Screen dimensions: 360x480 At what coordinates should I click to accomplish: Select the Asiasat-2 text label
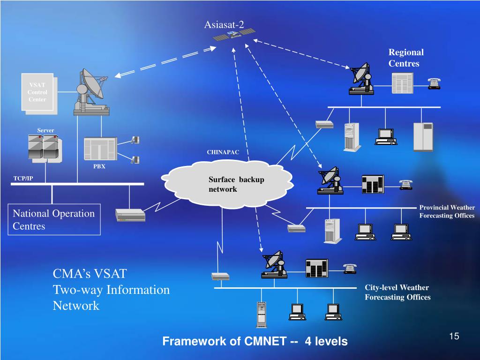tap(224, 24)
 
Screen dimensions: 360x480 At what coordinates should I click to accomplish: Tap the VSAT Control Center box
tap(37, 92)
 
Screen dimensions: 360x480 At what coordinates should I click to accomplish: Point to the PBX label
tap(99, 166)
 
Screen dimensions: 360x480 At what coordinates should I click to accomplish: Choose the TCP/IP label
tap(23, 179)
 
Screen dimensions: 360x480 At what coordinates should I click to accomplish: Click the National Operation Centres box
tap(54, 219)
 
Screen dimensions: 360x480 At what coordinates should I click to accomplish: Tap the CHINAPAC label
tap(223, 152)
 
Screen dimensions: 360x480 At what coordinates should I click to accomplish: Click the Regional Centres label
tap(406, 58)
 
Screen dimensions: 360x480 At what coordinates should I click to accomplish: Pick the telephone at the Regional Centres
tap(434, 83)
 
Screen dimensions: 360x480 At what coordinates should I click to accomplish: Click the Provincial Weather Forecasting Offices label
tap(447, 211)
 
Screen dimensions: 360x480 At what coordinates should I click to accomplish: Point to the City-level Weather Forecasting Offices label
tap(397, 292)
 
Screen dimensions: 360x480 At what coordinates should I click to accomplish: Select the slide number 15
tap(453, 336)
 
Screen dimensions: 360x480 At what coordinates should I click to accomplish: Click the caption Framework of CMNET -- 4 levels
tap(255, 341)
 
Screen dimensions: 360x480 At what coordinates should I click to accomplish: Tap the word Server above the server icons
tap(46, 130)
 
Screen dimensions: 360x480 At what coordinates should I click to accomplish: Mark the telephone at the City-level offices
tap(350, 268)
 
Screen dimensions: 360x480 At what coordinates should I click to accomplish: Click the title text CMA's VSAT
tap(90, 274)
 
